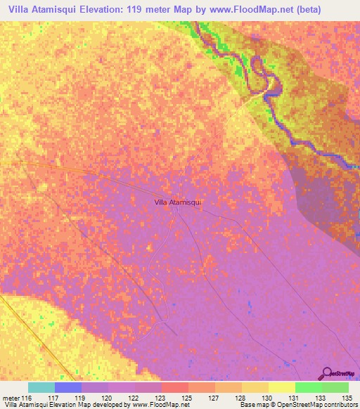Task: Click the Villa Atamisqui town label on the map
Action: tap(178, 202)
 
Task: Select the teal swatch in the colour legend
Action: tap(41, 387)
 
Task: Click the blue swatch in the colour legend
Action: tap(68, 387)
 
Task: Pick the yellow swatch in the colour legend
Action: tap(282, 387)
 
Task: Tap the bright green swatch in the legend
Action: tap(309, 387)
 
